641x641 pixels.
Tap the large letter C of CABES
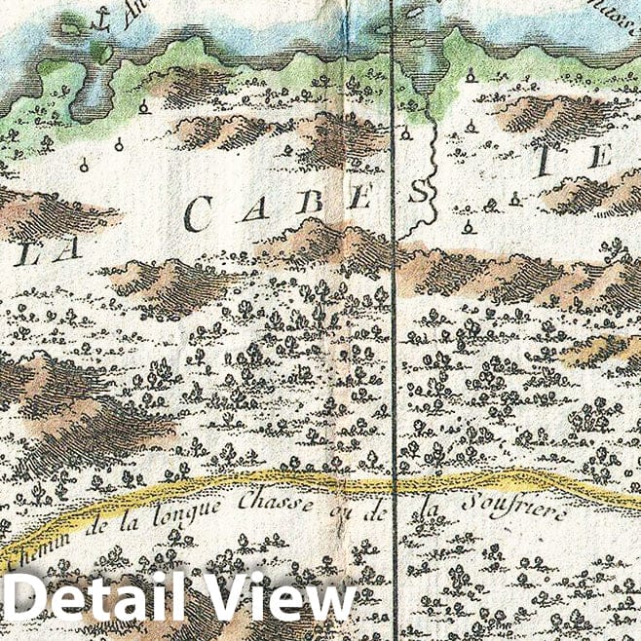click(x=200, y=214)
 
